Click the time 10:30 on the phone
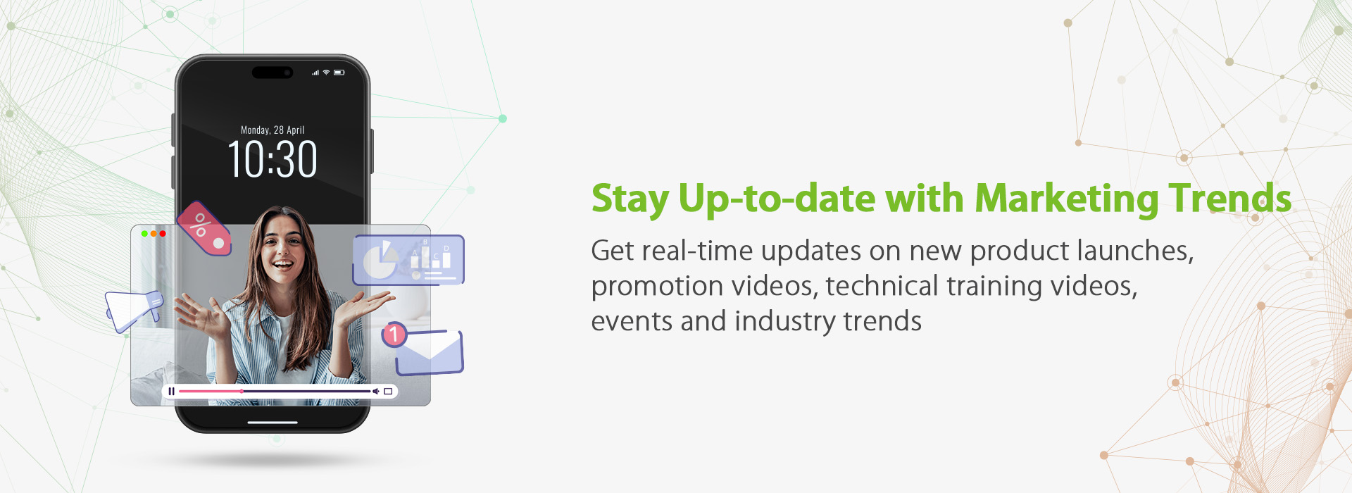coord(273,159)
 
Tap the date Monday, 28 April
coord(273,130)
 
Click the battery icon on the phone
coord(339,73)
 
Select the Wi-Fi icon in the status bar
coord(326,73)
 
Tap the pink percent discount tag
coord(204,229)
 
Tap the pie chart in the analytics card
coord(380,260)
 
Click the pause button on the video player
coord(171,391)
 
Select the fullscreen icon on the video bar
coord(388,391)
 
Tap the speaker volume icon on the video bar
coord(376,391)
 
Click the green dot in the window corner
coord(144,233)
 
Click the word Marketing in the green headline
coord(1067,198)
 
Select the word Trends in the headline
coord(1230,198)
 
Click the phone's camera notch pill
coord(273,73)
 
